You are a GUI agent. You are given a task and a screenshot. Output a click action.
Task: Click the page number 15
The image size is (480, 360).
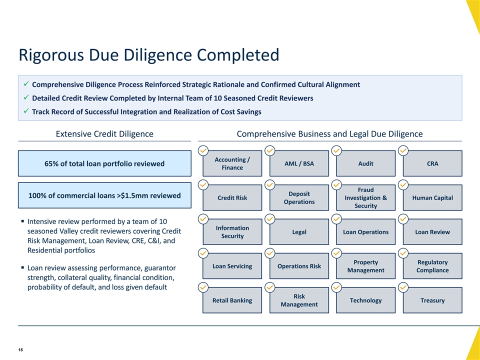coord(20,350)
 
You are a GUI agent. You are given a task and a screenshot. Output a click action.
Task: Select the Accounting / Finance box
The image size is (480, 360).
coord(232,163)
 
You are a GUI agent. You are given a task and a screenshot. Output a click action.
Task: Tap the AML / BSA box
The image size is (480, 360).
coord(299,163)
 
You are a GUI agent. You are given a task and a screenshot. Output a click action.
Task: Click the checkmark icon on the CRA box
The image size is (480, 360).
coord(403,150)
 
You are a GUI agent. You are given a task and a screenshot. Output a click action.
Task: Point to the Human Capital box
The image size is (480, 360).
coord(432,198)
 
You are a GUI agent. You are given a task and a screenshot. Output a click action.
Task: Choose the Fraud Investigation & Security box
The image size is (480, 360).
coord(366,198)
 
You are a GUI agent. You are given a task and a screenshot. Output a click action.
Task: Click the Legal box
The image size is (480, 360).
coord(299,232)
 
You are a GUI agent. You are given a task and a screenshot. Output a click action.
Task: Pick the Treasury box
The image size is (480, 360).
coord(432,300)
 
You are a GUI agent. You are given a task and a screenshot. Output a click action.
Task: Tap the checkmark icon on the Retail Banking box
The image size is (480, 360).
coord(203,287)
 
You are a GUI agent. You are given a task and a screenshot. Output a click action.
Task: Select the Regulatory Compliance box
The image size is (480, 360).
coord(432,266)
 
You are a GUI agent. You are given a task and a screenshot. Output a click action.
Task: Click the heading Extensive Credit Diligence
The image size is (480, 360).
coord(104,134)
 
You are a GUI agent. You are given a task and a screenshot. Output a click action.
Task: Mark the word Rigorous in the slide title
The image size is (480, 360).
coord(51,55)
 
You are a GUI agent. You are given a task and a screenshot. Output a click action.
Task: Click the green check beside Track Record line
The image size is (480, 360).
coord(26,111)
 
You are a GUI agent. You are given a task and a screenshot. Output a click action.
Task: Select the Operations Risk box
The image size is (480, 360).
coord(299,266)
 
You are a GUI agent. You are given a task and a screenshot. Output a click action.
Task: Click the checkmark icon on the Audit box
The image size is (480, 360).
coord(336,150)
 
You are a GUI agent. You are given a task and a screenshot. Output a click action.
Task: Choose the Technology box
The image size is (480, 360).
coord(366,300)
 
